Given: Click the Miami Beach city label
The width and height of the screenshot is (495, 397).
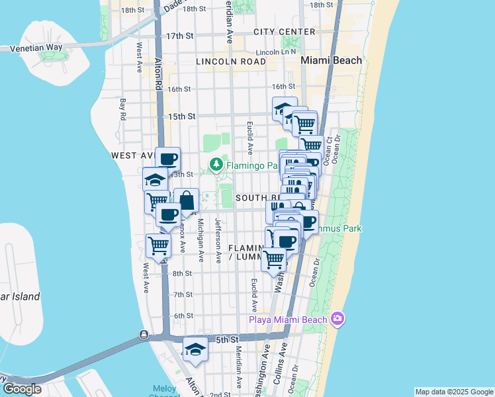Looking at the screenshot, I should pos(332,60).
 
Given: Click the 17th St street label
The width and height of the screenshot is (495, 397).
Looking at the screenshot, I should pos(180,36).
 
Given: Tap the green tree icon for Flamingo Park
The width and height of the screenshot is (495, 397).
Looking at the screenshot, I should pos(216,163).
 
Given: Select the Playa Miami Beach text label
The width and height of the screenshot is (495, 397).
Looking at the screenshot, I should pos(288,320).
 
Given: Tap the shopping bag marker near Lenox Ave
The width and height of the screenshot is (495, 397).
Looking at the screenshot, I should pos(187,199).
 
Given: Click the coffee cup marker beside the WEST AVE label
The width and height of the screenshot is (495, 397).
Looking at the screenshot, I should pos(167,158).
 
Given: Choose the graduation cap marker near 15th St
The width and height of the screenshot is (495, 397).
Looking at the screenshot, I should pos(284,108).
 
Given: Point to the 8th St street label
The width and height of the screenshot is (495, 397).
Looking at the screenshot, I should pos(182,273).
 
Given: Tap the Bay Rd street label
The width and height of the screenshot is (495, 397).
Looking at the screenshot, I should pos(123,110).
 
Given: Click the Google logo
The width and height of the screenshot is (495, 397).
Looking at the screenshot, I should pos(22,389).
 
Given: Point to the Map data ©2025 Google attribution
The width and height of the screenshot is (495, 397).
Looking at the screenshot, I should pos(453,392).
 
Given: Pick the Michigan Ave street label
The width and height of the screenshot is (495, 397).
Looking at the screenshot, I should pos(199,236).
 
